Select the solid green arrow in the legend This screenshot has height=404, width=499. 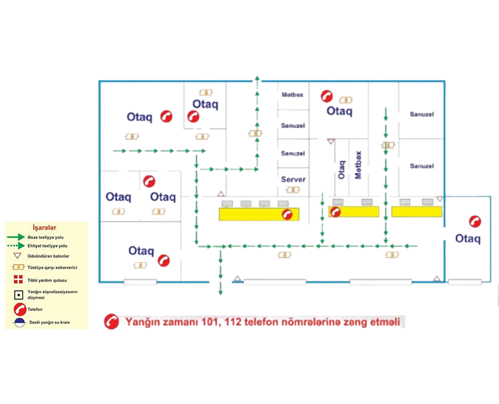(16, 237)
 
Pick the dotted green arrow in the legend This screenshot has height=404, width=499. (16, 246)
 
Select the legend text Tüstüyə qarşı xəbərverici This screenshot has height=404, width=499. (51, 267)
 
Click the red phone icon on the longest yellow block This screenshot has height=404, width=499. (289, 213)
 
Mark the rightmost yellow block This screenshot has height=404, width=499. (415, 211)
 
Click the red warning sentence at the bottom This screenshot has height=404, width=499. (260, 323)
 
